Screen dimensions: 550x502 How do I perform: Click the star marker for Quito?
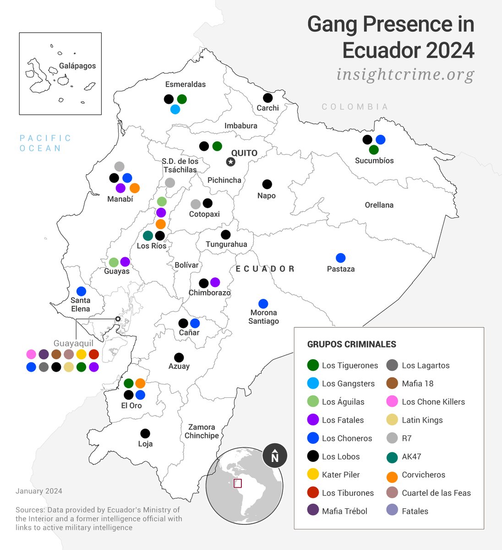231,162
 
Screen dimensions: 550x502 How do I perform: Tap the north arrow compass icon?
274,456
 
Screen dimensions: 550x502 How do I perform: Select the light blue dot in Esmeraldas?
175,110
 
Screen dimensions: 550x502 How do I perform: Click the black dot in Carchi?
267,98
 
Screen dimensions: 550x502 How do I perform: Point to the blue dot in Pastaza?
340,258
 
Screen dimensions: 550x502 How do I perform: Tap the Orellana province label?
379,205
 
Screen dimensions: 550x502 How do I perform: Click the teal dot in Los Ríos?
148,236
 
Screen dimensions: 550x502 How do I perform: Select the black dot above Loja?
145,433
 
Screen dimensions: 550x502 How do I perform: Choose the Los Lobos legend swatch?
313,456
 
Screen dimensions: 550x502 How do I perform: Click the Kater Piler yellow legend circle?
313,474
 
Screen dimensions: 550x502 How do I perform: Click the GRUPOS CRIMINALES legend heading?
351,344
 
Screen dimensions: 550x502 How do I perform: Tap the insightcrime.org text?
405,74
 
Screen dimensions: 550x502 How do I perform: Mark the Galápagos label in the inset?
77,66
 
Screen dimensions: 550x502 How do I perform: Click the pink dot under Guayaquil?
31,354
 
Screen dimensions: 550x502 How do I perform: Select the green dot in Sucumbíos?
374,150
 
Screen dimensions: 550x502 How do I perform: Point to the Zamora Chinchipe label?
202,431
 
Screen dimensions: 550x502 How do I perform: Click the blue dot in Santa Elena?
81,291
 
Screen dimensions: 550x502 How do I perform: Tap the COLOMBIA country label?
355,107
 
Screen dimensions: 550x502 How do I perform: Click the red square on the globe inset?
238,483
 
